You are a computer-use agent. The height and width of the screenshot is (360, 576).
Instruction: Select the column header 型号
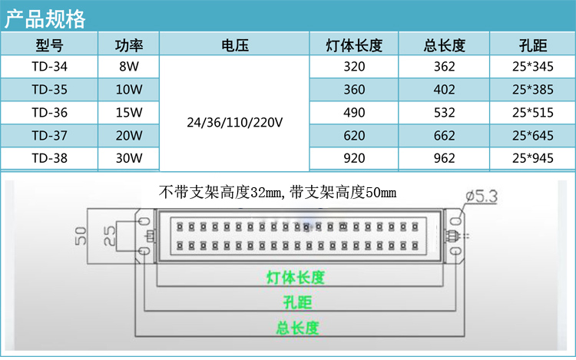pyautogui.click(x=50, y=44)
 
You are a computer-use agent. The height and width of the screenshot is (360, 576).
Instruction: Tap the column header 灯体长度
pyautogui.click(x=354, y=44)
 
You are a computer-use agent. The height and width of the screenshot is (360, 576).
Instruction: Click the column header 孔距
pyautogui.click(x=531, y=44)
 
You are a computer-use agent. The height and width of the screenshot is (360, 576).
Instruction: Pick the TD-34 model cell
pyautogui.click(x=50, y=67)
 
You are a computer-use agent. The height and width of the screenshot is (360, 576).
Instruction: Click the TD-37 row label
pyautogui.click(x=50, y=136)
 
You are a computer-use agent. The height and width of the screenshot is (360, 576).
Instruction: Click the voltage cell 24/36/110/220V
pyautogui.click(x=233, y=121)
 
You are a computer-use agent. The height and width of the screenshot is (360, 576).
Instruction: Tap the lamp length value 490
pyautogui.click(x=354, y=113)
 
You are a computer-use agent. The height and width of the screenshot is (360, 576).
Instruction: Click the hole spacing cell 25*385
pyautogui.click(x=531, y=90)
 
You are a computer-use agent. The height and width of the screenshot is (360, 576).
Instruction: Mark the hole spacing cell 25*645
pyautogui.click(x=531, y=136)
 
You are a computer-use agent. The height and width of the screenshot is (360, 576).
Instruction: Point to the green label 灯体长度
pyautogui.click(x=295, y=277)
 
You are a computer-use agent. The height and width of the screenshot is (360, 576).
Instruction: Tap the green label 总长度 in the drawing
pyautogui.click(x=297, y=328)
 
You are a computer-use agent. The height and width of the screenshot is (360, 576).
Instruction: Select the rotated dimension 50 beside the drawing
pyautogui.click(x=81, y=235)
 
